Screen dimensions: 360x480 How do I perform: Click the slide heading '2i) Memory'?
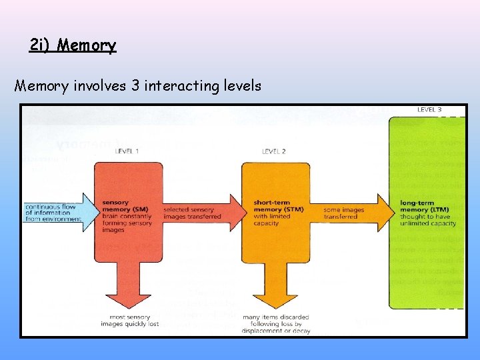point(73,45)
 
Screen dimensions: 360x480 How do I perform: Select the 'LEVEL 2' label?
point(274,151)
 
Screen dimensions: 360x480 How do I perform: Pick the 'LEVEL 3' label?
point(429,110)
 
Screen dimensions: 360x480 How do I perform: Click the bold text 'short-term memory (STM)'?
point(278,206)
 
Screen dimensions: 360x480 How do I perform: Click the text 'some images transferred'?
point(344,213)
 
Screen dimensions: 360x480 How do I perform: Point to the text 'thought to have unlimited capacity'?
point(427,219)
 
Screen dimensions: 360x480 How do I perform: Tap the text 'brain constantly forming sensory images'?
point(127,223)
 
